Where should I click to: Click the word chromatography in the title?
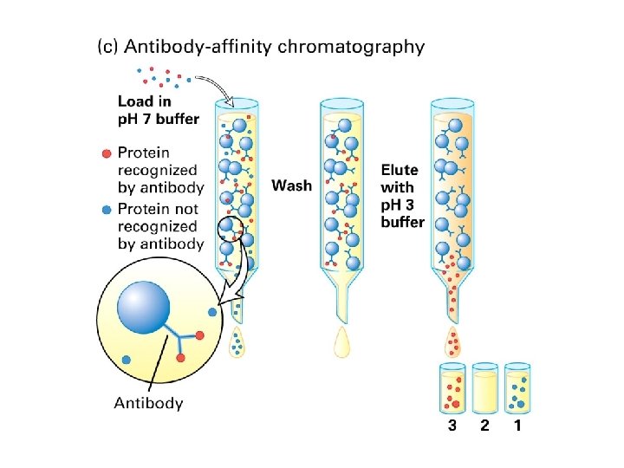pyautogui.click(x=351, y=47)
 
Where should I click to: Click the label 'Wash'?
pyautogui.click(x=292, y=185)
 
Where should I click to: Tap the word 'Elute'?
pyautogui.click(x=400, y=169)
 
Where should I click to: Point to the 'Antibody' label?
pyautogui.click(x=149, y=402)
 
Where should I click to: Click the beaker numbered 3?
pyautogui.click(x=452, y=388)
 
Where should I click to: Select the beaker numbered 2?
pyautogui.click(x=484, y=388)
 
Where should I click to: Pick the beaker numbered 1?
pyautogui.click(x=517, y=388)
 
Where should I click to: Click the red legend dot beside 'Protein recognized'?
pyautogui.click(x=106, y=153)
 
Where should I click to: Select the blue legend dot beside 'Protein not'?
pyautogui.click(x=106, y=209)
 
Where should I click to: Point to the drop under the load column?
pyautogui.click(x=237, y=344)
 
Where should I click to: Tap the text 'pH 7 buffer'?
pyautogui.click(x=159, y=119)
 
